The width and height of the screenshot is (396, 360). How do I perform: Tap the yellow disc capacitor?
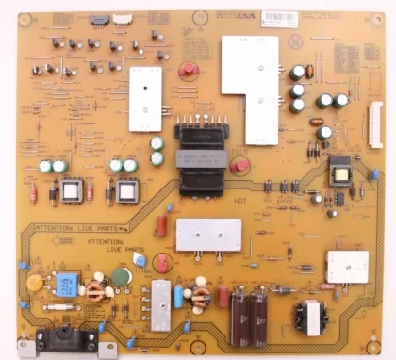tap(35, 282)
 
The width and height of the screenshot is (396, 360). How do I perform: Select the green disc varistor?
tap(122, 276)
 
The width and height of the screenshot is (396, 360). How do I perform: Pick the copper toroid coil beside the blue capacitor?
tap(95, 288)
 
